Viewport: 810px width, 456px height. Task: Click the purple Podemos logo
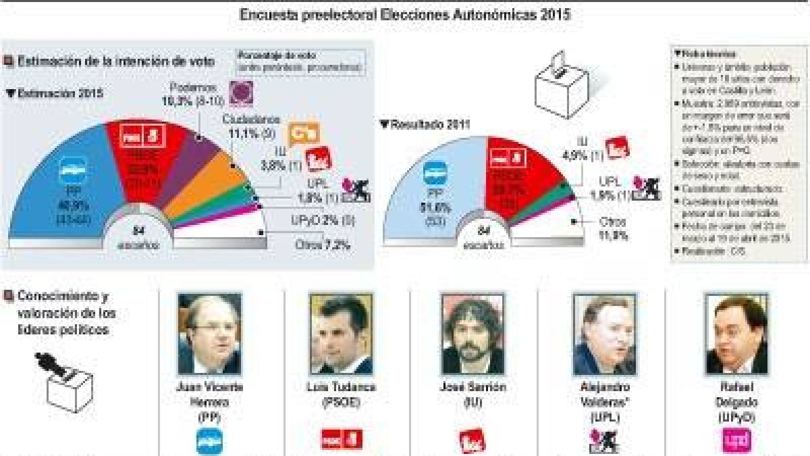241,93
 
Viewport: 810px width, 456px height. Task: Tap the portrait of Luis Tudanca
341,334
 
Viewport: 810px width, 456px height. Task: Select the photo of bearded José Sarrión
473,334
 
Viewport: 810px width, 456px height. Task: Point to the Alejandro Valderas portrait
603,334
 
